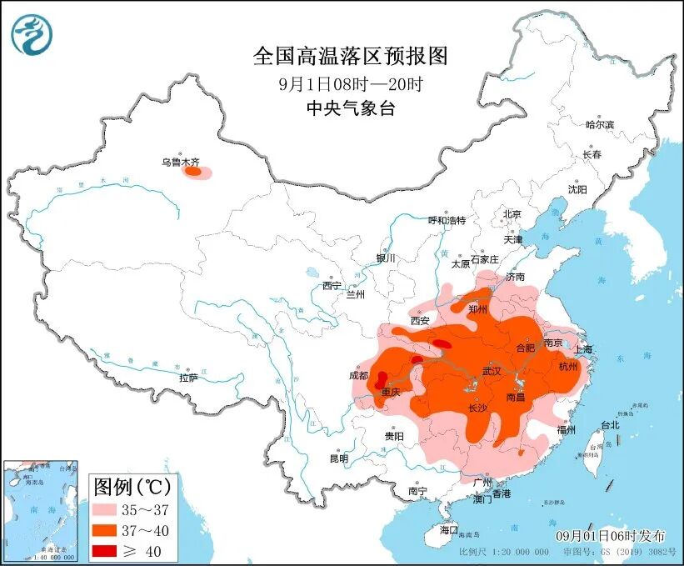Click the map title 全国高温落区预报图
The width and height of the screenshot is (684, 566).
point(350,56)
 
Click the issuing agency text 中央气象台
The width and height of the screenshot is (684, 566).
point(350,108)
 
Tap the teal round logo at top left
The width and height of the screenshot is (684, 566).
point(32,35)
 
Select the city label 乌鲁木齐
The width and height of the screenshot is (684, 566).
point(181,161)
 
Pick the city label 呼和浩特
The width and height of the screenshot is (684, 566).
point(447,220)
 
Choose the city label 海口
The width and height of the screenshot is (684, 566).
point(449,529)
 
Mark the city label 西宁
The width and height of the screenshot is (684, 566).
point(332,286)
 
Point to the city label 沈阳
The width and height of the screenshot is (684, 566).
point(577,189)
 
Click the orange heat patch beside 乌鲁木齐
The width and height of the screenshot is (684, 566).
point(193,172)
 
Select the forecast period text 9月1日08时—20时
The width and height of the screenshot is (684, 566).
point(350,83)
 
